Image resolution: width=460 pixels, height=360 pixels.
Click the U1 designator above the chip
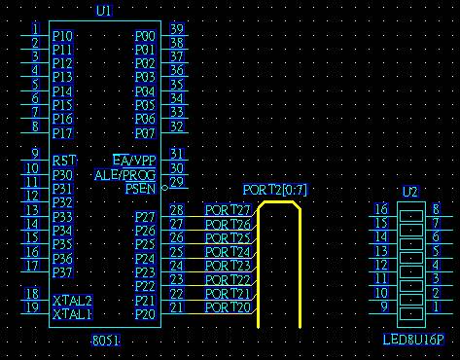104,11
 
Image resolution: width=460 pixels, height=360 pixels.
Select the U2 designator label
410,192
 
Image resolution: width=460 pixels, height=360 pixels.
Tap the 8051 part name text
106,341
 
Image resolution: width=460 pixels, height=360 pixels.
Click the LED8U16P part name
413,340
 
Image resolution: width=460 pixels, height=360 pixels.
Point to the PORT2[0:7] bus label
275,190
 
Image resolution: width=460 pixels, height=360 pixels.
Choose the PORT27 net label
228,210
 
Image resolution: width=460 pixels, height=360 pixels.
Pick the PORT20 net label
228,307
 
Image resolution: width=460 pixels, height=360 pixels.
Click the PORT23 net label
228,266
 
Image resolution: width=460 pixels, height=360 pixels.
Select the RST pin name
64,161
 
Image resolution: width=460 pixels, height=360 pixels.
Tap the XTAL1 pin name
73,314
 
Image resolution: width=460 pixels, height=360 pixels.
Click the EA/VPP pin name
134,160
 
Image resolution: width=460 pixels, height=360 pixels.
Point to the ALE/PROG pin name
125,175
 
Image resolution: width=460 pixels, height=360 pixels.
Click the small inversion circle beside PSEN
164,188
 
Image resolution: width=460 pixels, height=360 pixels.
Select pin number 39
177,29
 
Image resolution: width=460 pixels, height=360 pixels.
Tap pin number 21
177,307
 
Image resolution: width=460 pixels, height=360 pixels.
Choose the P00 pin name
145,36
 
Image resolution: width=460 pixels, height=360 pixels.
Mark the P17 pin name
62,133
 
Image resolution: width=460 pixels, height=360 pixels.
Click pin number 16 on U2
381,209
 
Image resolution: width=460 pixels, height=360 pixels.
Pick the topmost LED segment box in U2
411,216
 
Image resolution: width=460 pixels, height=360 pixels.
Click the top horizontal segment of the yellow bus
279,202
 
